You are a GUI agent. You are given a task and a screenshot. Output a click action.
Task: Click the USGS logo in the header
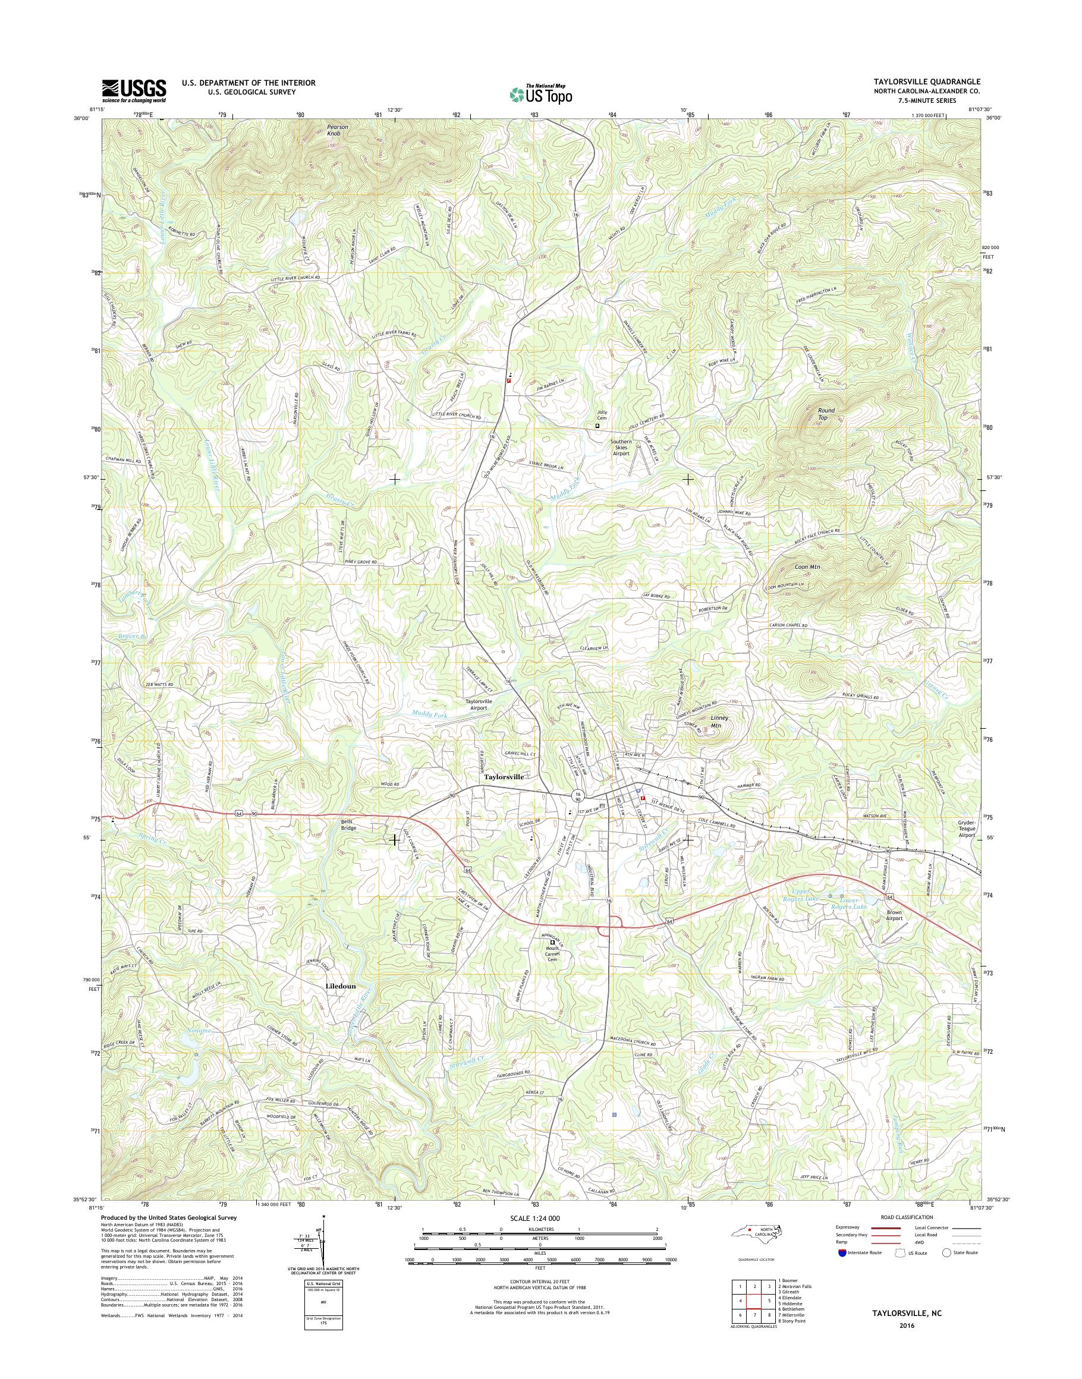click(x=134, y=90)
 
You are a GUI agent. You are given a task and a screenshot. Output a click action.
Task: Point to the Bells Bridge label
click(x=347, y=824)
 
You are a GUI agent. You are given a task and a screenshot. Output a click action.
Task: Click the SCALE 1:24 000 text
click(x=539, y=1218)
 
